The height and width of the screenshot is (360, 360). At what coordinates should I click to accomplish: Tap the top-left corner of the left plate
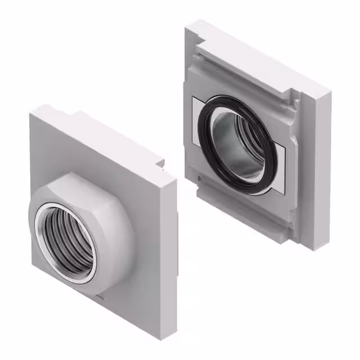[31, 112]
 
